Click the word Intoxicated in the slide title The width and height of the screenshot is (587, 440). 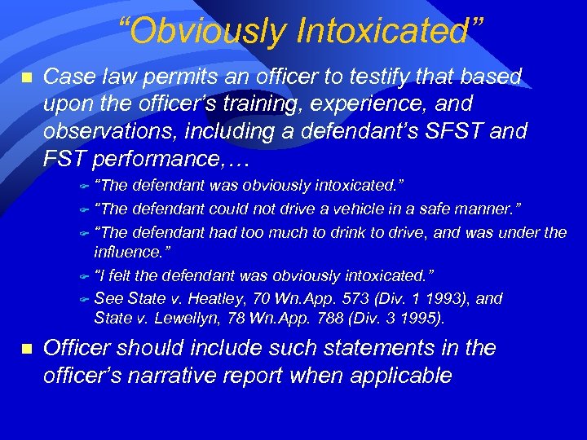[389, 32]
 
